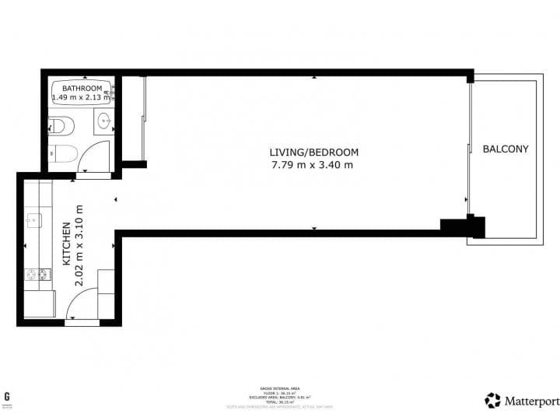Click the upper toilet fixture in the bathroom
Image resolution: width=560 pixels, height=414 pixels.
coord(59,125)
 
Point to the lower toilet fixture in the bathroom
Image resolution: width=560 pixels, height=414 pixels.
coord(61,153)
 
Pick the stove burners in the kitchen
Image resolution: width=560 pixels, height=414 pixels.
coord(36,275)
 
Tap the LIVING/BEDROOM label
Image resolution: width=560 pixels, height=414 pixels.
coord(313,152)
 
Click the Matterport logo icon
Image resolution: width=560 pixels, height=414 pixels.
coord(492,400)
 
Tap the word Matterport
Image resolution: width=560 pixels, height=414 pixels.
coord(530,401)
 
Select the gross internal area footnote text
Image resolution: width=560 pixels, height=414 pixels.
coord(279,394)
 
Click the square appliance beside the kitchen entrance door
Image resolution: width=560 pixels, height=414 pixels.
coord(107,282)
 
